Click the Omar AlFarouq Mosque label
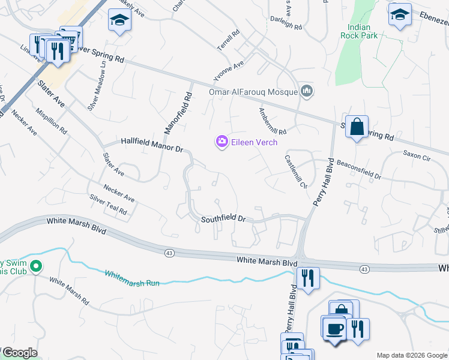pos(253,92)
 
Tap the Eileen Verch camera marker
pos(222,142)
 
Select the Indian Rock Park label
pos(367,32)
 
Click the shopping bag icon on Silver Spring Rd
pos(357,127)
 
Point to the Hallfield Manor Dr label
pos(151,144)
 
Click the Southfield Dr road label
pos(223,219)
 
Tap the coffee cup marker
pos(334,328)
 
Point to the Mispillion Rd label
pos(51,121)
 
